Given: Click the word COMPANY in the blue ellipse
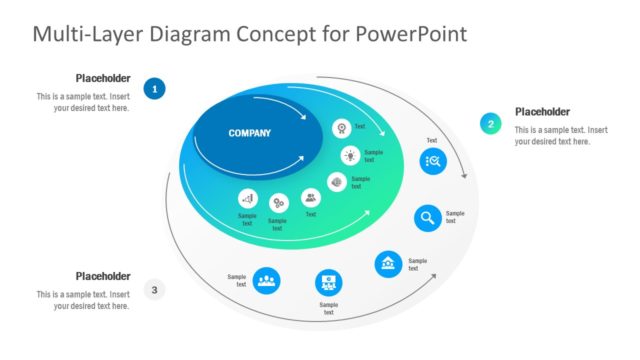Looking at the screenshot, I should (249, 133).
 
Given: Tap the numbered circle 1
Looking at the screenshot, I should (154, 90).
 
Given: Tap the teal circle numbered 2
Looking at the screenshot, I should (490, 124).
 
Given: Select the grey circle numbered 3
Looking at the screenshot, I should (154, 290).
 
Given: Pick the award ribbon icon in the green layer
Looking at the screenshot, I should (342, 128).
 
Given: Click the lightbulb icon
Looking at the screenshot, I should (350, 155).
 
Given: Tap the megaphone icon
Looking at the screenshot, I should (248, 199).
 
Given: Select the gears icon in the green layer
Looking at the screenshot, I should (278, 203).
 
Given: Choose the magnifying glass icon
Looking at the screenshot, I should (428, 218).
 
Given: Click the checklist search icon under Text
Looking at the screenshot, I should (433, 160).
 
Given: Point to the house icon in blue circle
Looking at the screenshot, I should (388, 264).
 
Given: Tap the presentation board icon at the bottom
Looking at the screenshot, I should (328, 283).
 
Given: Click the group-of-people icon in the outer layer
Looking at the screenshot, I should (266, 280).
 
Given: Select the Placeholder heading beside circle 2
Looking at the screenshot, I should (542, 112).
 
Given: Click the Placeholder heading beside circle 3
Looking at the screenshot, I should (103, 276).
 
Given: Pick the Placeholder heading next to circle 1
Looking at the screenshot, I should (103, 78).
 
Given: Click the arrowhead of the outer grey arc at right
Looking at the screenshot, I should (464, 175).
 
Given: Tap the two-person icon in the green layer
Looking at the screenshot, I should (311, 198).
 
